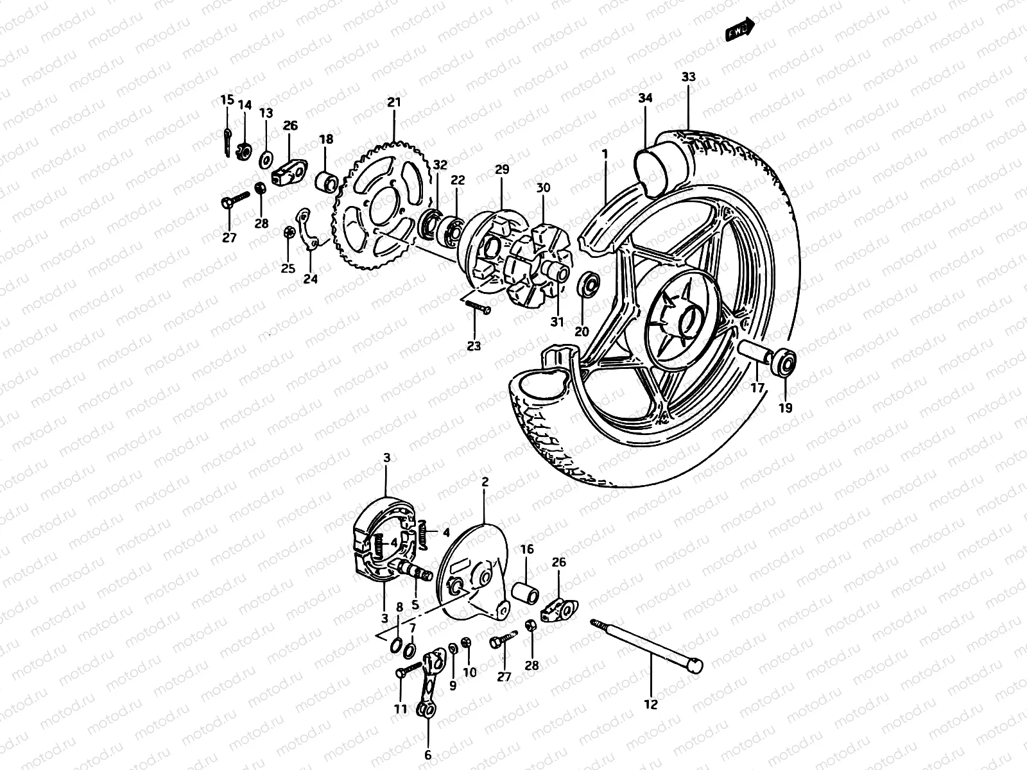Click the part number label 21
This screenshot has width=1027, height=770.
393,103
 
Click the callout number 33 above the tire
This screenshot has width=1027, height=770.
688,77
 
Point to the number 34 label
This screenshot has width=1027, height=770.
645,98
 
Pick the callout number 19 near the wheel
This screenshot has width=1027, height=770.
786,407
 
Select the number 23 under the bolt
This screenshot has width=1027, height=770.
474,346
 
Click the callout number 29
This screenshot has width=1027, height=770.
501,169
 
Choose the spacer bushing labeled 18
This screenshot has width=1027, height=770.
328,181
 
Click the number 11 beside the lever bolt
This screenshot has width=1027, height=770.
401,709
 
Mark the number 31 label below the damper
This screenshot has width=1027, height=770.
557,322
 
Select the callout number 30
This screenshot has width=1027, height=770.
543,188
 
